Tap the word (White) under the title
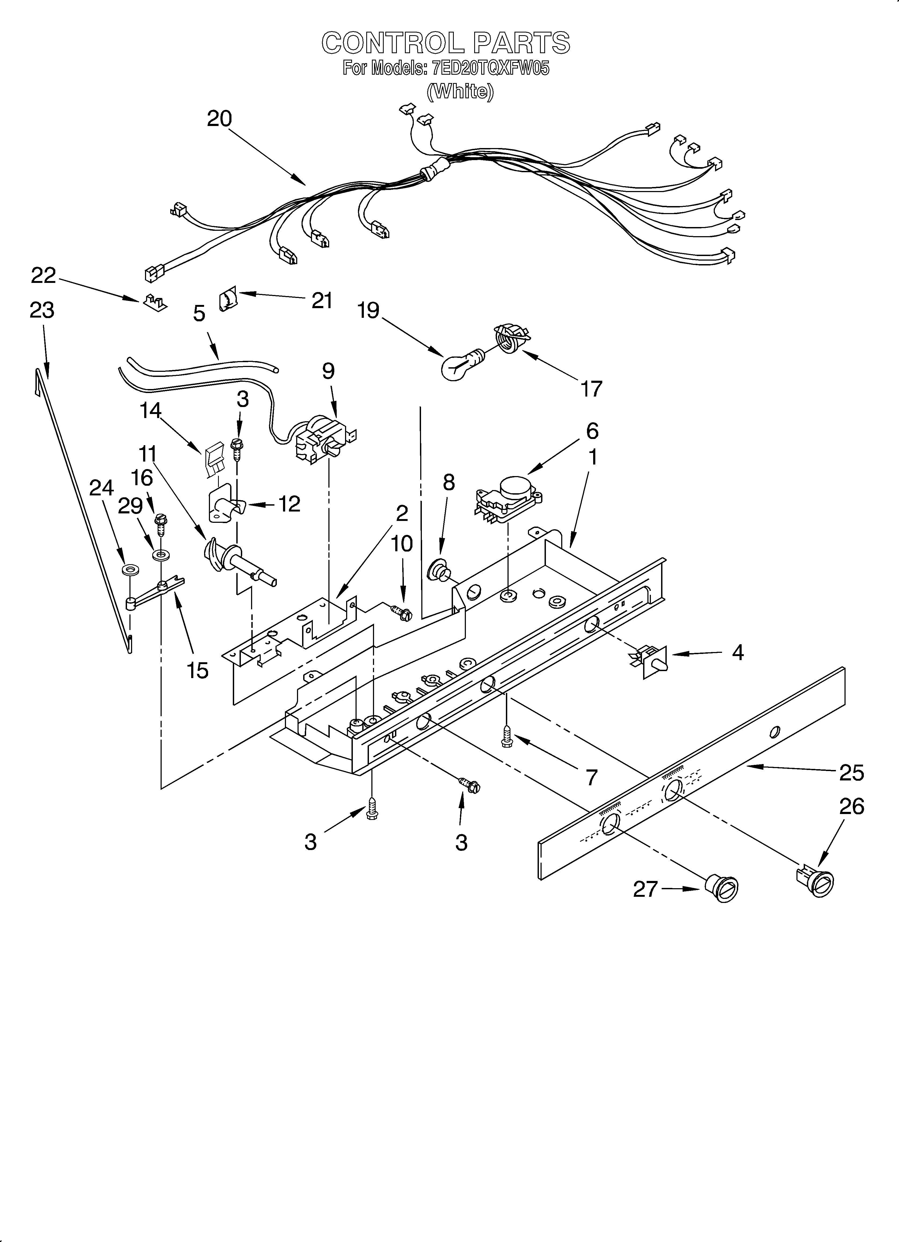click(x=460, y=91)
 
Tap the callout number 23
click(x=42, y=311)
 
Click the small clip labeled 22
click(x=155, y=302)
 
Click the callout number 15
click(x=198, y=670)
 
